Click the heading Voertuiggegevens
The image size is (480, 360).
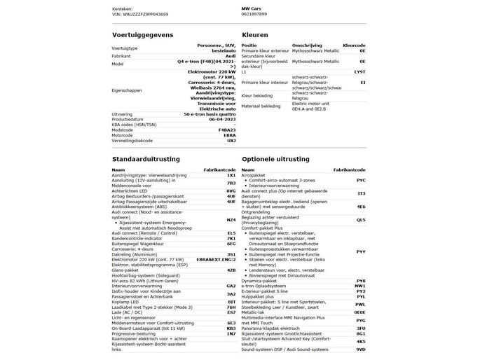[142, 34]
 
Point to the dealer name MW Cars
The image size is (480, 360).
[252, 8]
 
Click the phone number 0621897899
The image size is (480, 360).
[255, 13]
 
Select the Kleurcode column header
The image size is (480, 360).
[355, 46]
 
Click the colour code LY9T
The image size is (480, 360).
[359, 71]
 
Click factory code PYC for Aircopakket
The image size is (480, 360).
[360, 179]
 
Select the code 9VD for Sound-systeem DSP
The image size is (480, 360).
[360, 348]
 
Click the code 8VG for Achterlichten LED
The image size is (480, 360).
[231, 191]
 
